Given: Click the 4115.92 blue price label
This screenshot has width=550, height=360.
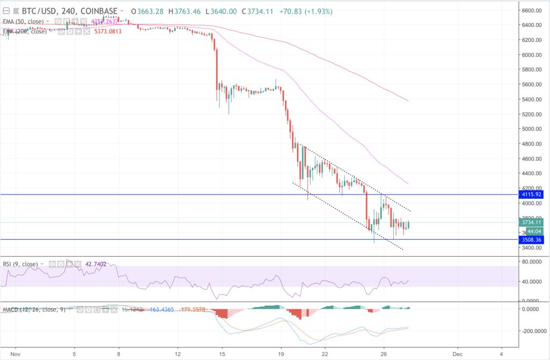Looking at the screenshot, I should (532, 195).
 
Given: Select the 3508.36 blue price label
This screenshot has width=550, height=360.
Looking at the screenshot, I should (532, 240).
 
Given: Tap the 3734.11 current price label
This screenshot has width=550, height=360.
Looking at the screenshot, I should (532, 222).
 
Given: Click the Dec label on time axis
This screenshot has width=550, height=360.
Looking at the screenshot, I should (458, 355).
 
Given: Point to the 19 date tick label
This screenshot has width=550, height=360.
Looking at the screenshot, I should (280, 355).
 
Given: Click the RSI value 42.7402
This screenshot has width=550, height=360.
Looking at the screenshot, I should (95, 264).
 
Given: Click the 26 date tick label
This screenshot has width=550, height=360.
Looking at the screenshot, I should (383, 355).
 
